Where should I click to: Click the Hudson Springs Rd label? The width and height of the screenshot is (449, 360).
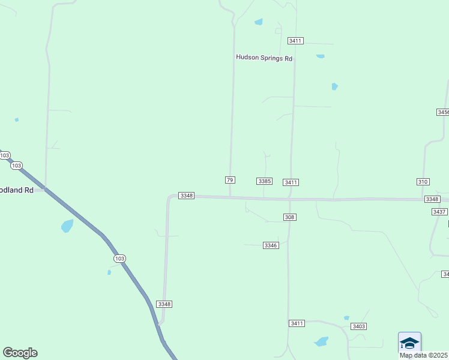[x=264, y=58]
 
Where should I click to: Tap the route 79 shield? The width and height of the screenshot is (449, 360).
[x=230, y=180]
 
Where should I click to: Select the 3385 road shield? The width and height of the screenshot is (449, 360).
[x=265, y=181]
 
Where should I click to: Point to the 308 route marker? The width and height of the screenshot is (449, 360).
[x=290, y=217]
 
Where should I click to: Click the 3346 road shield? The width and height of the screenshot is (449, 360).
[x=271, y=245]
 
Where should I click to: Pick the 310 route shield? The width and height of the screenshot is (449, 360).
[x=423, y=181]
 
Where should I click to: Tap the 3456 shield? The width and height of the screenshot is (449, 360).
[x=443, y=112]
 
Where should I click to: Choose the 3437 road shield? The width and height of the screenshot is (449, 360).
[x=439, y=212]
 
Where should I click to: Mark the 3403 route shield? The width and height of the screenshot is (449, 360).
[x=359, y=326]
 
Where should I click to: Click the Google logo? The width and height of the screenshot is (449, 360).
[x=20, y=353]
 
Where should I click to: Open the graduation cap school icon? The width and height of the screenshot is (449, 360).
[x=409, y=343]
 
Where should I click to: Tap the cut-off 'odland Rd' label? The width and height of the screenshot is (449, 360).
[x=17, y=189]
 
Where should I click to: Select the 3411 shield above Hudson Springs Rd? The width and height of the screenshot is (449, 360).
[x=295, y=41]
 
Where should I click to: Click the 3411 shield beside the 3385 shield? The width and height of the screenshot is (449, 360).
[x=292, y=182]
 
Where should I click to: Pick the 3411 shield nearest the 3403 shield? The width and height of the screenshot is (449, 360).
[x=297, y=323]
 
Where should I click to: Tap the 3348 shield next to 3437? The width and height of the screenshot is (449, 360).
[x=432, y=199]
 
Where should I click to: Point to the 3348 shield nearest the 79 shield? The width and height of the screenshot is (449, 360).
[x=187, y=196]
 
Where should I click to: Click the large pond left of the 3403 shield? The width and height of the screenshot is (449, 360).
[x=321, y=342]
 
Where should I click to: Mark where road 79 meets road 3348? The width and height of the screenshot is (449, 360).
[x=230, y=196]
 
